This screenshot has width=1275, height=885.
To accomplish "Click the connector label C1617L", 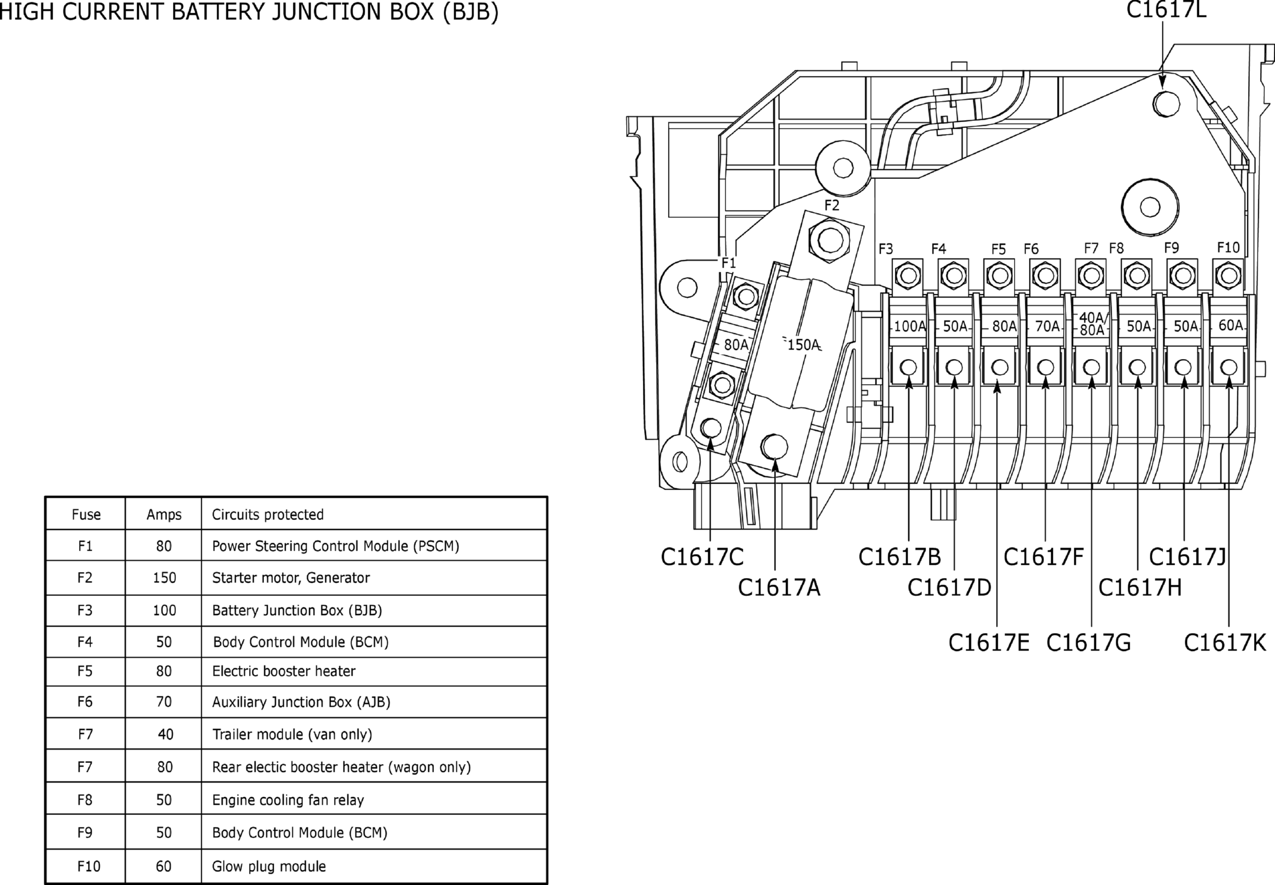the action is click(1166, 10).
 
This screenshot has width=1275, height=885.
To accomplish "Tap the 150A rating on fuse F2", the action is click(802, 345).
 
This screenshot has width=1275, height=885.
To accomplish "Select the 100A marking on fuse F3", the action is click(910, 326).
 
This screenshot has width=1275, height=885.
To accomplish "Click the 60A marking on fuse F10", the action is click(1231, 325).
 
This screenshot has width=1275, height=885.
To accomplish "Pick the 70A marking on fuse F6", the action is click(1048, 326).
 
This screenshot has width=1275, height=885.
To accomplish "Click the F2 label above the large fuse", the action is click(832, 205).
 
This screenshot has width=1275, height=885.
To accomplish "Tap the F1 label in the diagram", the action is click(728, 263).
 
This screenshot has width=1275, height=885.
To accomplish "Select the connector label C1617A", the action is click(779, 588).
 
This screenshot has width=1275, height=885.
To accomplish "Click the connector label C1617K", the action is click(1225, 643).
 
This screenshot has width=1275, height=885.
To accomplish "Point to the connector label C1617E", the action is click(989, 643).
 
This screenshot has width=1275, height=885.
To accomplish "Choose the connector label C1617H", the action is click(1140, 588).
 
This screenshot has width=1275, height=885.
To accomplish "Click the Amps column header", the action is click(164, 515).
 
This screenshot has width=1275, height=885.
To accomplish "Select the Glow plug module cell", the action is click(269, 866).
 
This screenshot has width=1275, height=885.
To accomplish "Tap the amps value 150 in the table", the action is click(165, 577).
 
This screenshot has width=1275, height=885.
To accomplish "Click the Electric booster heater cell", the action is click(284, 671).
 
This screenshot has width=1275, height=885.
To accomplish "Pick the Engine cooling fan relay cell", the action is click(288, 800).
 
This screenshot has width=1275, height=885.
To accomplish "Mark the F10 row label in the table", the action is click(89, 866).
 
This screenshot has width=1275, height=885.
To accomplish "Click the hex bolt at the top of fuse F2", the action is click(829, 241).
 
